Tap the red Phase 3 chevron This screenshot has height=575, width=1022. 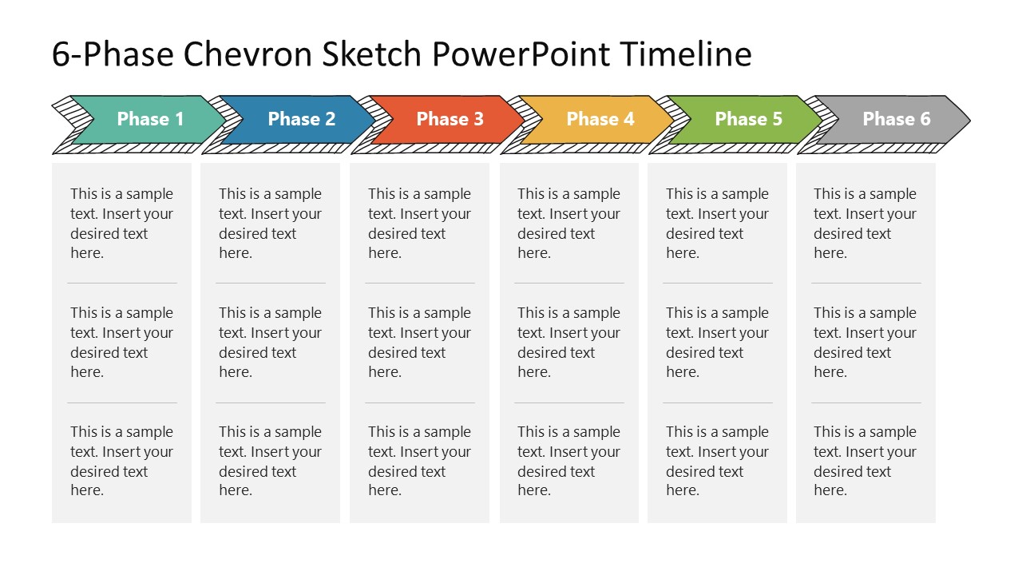click(450, 120)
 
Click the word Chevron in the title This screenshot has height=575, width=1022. click(244, 54)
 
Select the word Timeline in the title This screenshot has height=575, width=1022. click(685, 54)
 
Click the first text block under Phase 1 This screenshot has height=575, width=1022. click(121, 223)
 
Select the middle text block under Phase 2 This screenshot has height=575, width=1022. click(270, 342)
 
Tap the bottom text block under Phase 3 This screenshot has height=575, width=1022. click(419, 461)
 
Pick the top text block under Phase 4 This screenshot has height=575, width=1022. click(568, 223)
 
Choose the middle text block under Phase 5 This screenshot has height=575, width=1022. click(717, 342)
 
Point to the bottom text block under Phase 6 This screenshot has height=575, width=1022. click(865, 461)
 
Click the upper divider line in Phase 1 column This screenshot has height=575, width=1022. click(121, 283)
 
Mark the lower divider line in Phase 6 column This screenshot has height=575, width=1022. click(866, 402)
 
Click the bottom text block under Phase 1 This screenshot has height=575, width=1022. click(121, 461)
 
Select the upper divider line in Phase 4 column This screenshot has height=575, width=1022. click(568, 283)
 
